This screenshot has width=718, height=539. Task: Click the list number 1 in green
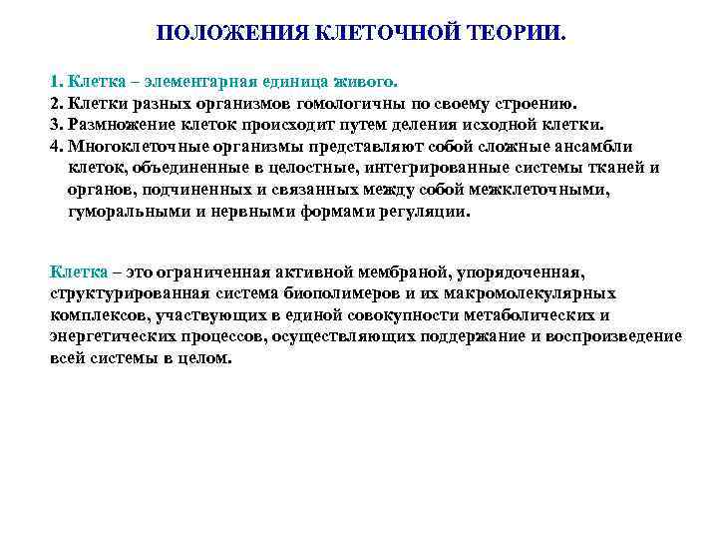click(55, 82)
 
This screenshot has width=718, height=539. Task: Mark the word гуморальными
click(124, 212)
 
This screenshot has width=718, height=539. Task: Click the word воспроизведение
click(614, 336)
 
